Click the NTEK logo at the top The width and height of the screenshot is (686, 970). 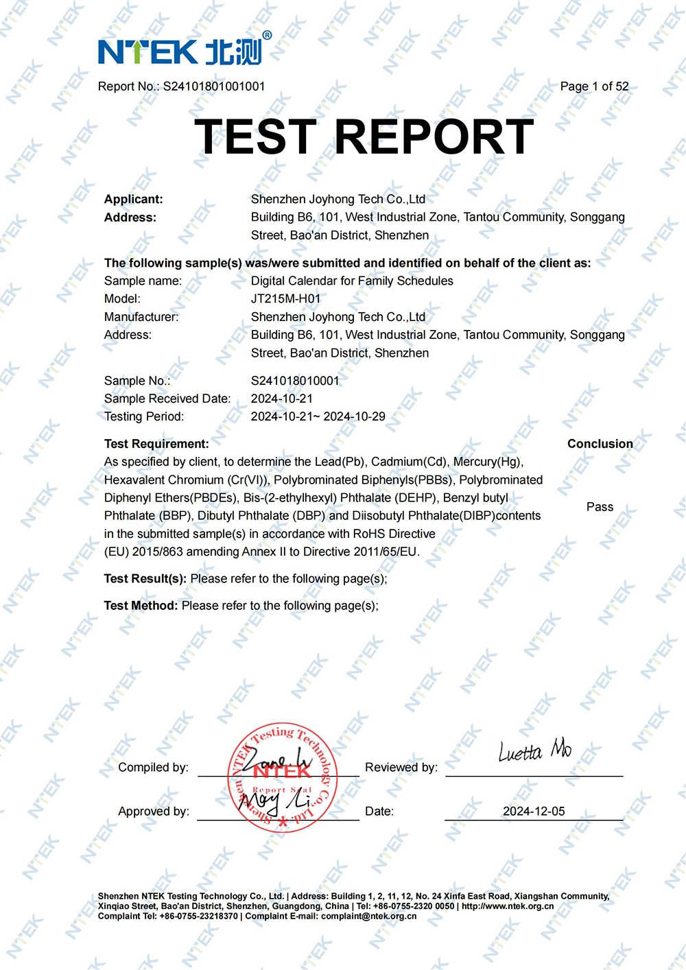[x=184, y=50]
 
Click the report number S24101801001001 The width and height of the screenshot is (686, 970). [x=213, y=86]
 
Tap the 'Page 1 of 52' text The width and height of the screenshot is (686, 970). [x=594, y=86]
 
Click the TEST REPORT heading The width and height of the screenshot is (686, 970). [x=364, y=137]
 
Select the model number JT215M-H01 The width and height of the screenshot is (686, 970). [x=285, y=299]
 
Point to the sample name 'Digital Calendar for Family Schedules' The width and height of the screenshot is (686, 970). [x=352, y=281]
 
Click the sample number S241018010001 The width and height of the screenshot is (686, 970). [x=295, y=381]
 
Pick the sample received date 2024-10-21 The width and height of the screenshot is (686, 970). [x=281, y=399]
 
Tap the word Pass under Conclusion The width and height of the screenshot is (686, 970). [x=600, y=507]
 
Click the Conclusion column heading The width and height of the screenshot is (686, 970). [x=600, y=444]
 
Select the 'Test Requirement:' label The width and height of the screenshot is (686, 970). [x=156, y=444]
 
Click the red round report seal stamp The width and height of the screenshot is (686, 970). [x=282, y=777]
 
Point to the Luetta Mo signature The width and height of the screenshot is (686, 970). [x=534, y=752]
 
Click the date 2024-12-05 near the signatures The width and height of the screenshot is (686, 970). [x=534, y=812]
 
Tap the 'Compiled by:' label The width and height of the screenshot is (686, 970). [x=153, y=768]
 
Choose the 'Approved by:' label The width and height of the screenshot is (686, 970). [x=154, y=812]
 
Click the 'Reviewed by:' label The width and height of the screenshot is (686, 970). [x=401, y=768]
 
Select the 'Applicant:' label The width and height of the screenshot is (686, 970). [x=134, y=200]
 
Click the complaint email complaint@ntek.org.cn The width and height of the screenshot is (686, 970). [x=368, y=916]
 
